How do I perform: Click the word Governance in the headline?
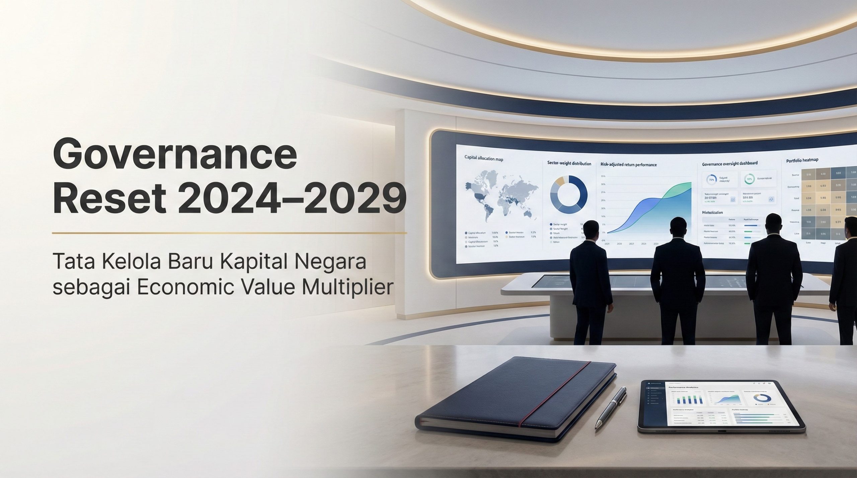175,157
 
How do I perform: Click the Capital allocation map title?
484,159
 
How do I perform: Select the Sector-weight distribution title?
569,164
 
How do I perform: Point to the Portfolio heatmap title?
802,160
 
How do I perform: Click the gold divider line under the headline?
230,232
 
